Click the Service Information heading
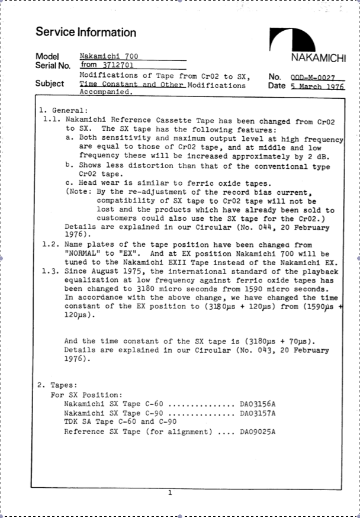(x=86, y=33)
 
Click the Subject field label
(x=50, y=83)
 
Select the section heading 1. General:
(x=63, y=110)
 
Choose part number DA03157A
(x=258, y=413)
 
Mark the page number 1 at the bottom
(x=170, y=492)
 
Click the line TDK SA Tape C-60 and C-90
(x=120, y=422)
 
